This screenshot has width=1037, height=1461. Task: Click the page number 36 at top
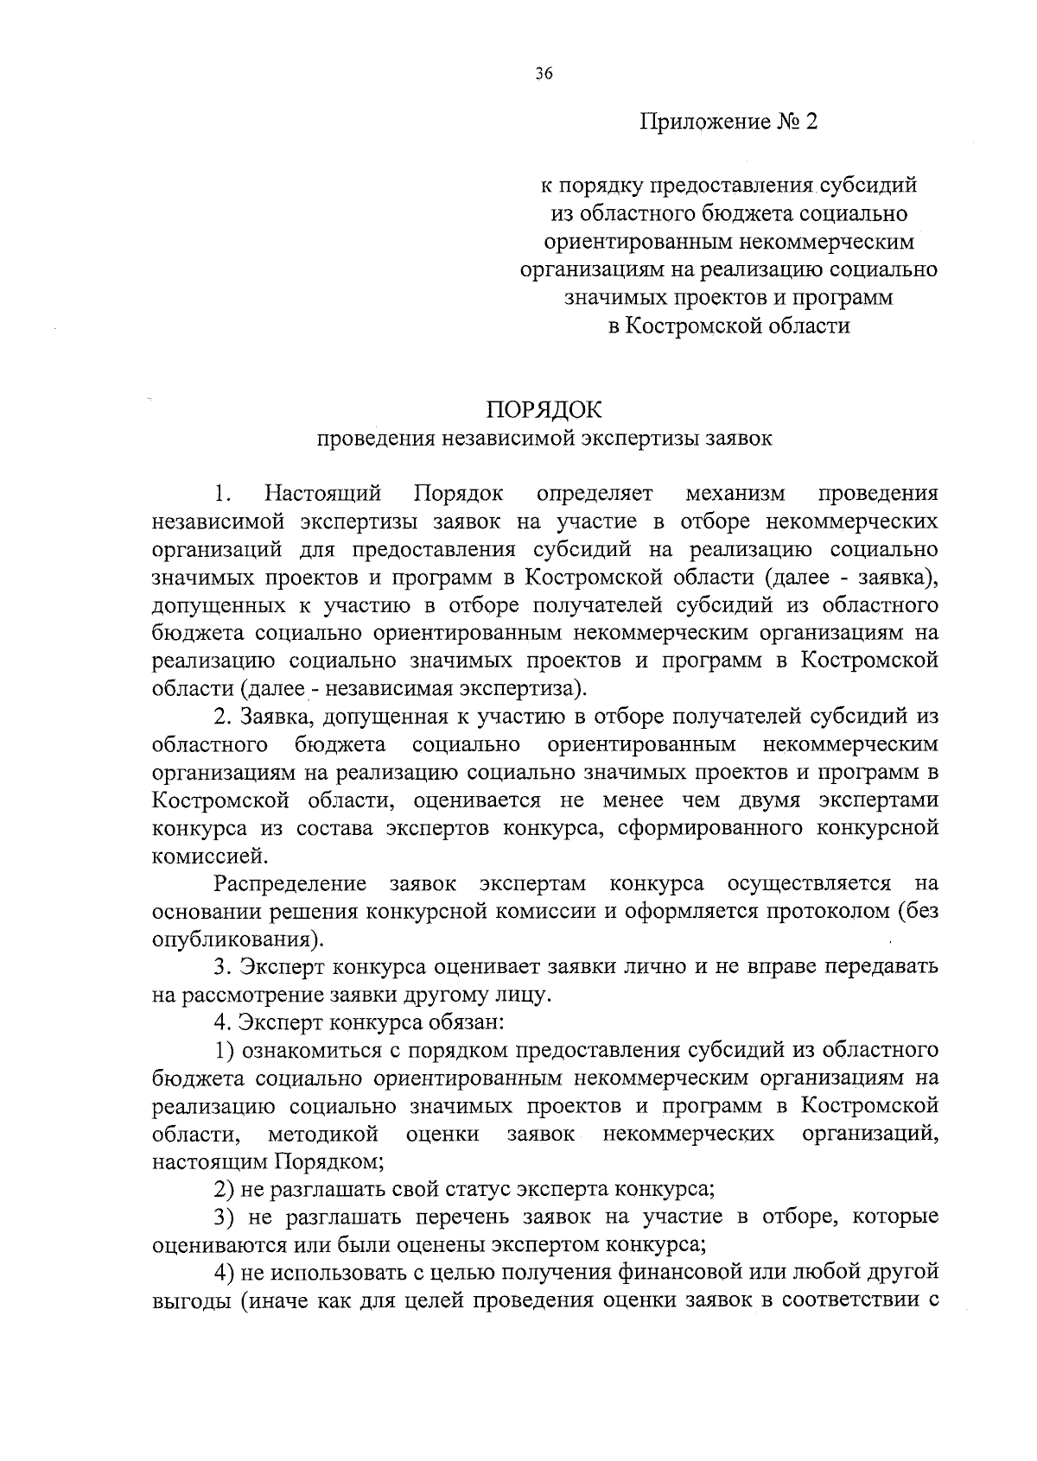[x=544, y=74]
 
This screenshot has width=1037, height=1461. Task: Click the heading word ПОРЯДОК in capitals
[x=544, y=408]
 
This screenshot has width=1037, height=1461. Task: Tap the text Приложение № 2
[x=728, y=122]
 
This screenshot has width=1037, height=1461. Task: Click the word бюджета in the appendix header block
[x=743, y=212]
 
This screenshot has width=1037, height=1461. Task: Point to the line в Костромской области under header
[x=728, y=326]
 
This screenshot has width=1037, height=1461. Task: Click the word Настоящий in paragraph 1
[x=323, y=494]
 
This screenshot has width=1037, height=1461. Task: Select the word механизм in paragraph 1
[x=735, y=494]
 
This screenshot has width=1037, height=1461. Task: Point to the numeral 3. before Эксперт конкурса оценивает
[x=221, y=967]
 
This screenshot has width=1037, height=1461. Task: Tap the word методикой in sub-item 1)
[x=323, y=1135]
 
